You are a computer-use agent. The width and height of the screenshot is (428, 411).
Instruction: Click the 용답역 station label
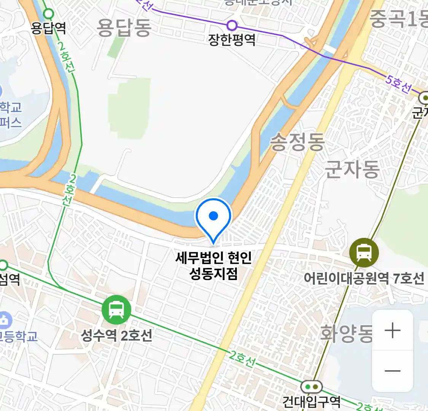[48, 28]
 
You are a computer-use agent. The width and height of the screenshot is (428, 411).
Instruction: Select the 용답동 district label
[124, 27]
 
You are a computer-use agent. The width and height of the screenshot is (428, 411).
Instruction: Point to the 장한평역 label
[232, 40]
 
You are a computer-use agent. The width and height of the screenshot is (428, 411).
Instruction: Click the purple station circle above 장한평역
[232, 26]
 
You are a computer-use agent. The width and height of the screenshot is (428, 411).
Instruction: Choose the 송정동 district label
[297, 142]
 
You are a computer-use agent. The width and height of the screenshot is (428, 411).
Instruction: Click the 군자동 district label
[352, 169]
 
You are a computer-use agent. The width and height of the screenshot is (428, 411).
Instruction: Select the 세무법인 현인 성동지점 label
[213, 265]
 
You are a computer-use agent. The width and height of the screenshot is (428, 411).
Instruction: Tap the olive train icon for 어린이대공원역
[364, 252]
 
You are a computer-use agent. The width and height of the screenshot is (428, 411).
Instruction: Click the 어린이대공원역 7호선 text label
[364, 278]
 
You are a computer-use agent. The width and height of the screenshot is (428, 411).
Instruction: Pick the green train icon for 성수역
[116, 310]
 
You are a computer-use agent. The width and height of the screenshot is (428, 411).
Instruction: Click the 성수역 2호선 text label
[116, 335]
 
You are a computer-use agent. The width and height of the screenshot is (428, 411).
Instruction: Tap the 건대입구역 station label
[311, 401]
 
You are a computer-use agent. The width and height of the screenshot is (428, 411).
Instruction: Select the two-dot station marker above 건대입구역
[312, 387]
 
